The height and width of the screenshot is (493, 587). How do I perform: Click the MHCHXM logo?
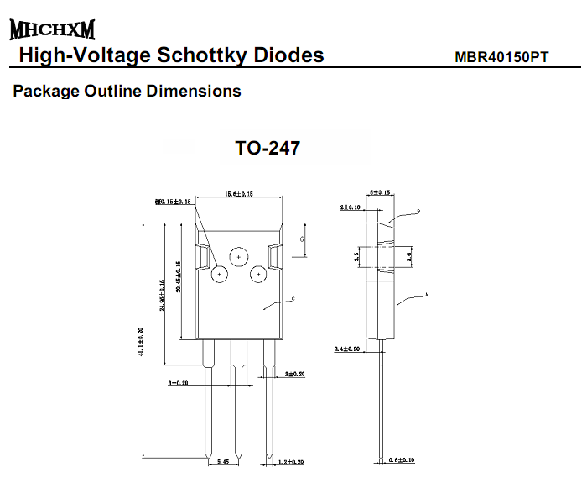tap(52, 30)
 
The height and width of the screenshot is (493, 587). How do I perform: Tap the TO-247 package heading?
tap(267, 149)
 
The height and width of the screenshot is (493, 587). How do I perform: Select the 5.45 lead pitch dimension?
tap(222, 462)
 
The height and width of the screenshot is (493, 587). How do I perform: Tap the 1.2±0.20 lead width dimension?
tap(289, 462)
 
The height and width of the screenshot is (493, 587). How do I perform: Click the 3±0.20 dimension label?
tap(177, 382)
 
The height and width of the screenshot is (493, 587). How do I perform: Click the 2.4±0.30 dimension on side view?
tap(347, 348)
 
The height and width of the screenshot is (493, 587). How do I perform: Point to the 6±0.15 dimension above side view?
tap(380, 193)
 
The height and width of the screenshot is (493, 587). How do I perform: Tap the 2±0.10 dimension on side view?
tap(351, 206)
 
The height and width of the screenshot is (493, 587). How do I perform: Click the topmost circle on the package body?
tap(239, 257)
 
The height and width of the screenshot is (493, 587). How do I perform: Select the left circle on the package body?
tap(220, 274)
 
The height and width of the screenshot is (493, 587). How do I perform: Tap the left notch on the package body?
tap(202, 255)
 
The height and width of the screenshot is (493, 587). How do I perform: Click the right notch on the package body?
tap(276, 255)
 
